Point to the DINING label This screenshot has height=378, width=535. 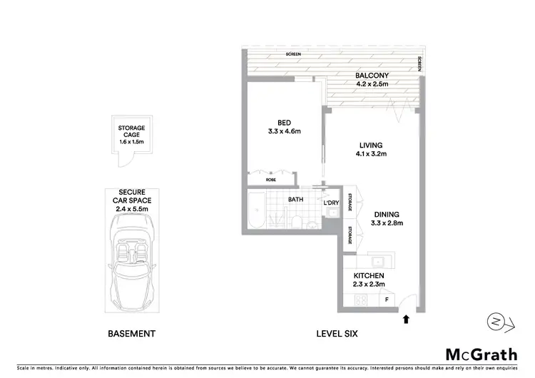click(x=385, y=214)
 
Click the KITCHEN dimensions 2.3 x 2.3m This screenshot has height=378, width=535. click(x=370, y=285)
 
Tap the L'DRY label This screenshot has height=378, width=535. click(x=330, y=203)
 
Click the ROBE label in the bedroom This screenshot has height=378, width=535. click(x=271, y=180)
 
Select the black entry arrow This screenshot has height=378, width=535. click(x=406, y=320)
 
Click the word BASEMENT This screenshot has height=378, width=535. click(x=131, y=333)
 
